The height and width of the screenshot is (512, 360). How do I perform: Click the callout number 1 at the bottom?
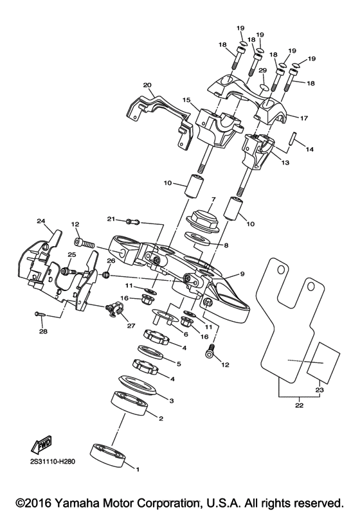[x=136, y=468]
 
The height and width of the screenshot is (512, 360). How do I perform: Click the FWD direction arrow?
[x=40, y=443]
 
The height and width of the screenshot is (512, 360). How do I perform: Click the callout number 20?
[x=147, y=85]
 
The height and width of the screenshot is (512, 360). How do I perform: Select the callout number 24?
[x=41, y=222]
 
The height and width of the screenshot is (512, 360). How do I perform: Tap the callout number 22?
[x=298, y=405]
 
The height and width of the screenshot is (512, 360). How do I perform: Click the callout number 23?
[x=319, y=390]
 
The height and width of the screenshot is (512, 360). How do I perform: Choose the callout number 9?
[x=242, y=274]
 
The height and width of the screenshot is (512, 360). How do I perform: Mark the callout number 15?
[x=186, y=101]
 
